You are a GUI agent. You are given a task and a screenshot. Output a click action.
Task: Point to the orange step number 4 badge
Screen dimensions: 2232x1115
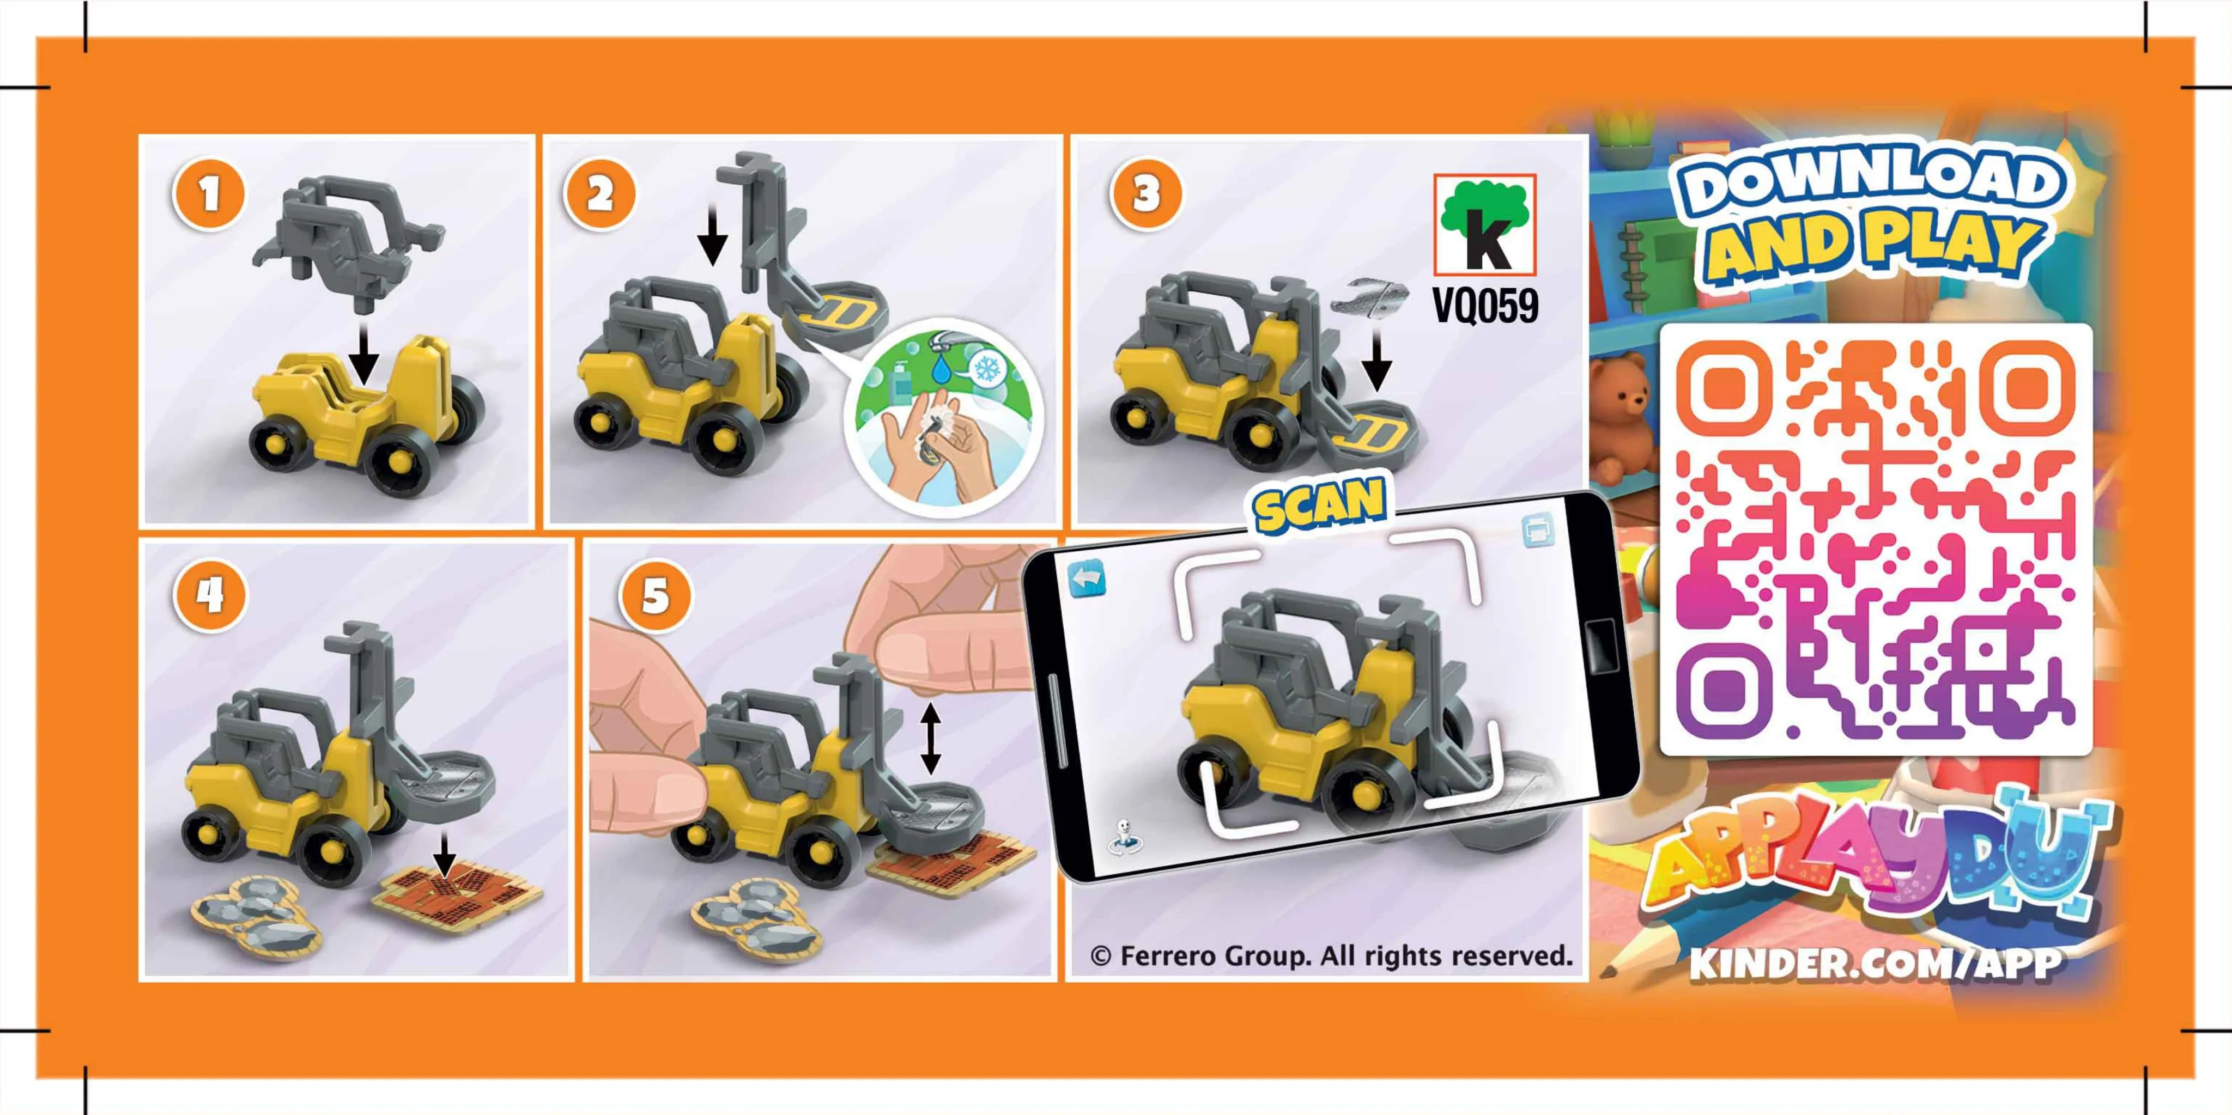point(210,595)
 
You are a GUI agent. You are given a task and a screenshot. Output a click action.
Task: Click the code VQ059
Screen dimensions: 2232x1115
point(1485,305)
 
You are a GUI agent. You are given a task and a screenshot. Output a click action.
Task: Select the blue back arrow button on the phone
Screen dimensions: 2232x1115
point(1088,578)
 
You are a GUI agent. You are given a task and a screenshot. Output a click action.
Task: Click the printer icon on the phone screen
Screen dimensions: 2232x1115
point(1538,531)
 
